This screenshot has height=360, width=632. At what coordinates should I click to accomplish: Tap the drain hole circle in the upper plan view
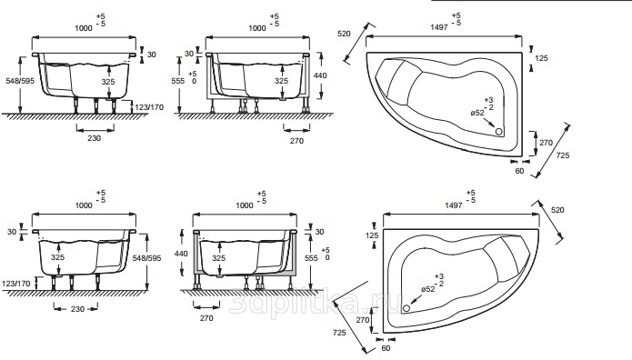[x=499, y=132]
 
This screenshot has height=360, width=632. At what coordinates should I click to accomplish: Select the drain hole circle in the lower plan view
[x=406, y=308]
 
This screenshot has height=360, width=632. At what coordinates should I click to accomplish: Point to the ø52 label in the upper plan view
[x=477, y=113]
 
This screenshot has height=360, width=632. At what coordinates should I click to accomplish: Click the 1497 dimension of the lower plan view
[x=454, y=205]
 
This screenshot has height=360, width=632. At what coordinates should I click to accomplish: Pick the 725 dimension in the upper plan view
[x=563, y=155]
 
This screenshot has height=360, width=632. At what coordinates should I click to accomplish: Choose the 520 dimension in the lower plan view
[x=557, y=210]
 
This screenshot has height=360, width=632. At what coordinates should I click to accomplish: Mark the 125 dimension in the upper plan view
[x=541, y=58]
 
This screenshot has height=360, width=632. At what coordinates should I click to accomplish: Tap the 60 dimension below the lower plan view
[x=386, y=348]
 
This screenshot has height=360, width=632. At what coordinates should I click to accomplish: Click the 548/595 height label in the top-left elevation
[x=20, y=81]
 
